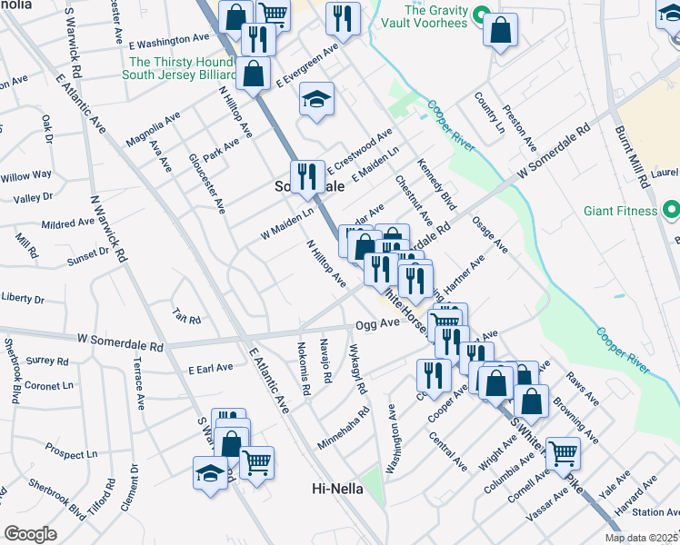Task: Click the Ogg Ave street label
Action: pos(377,323)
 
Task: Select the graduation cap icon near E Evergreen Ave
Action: pos(316,101)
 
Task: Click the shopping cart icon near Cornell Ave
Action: pos(564,451)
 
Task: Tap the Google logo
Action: pos(29,534)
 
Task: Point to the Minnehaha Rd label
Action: pos(344,428)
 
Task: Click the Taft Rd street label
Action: pos(186,315)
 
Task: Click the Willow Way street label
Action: pos(25,174)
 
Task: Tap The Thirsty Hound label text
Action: pos(183,63)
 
